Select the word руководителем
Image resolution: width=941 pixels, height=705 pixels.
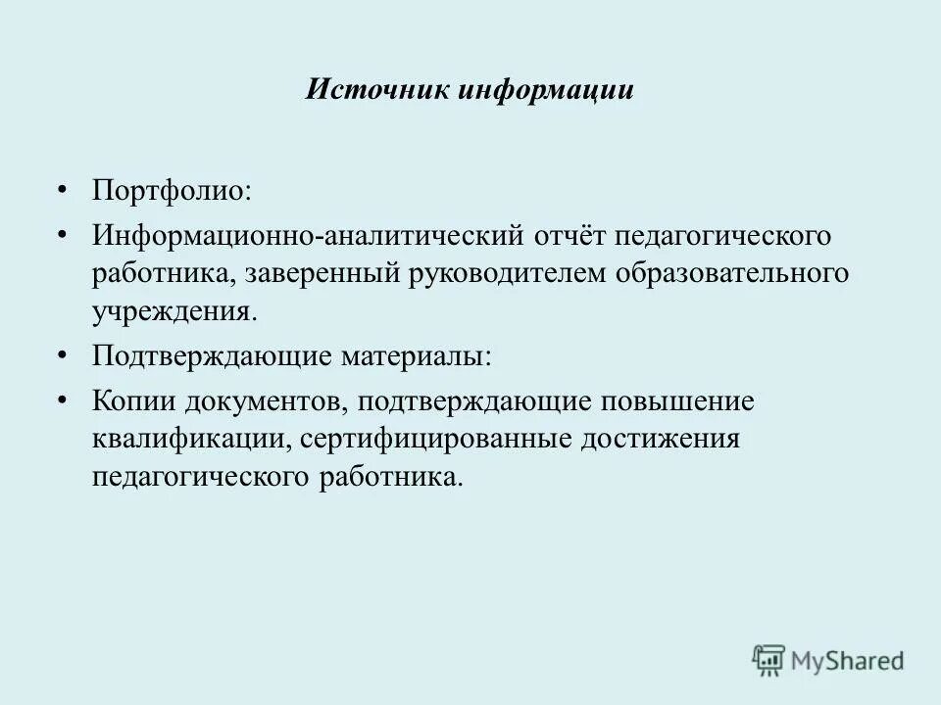[500, 274]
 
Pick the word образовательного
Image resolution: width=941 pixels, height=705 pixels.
[732, 274]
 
